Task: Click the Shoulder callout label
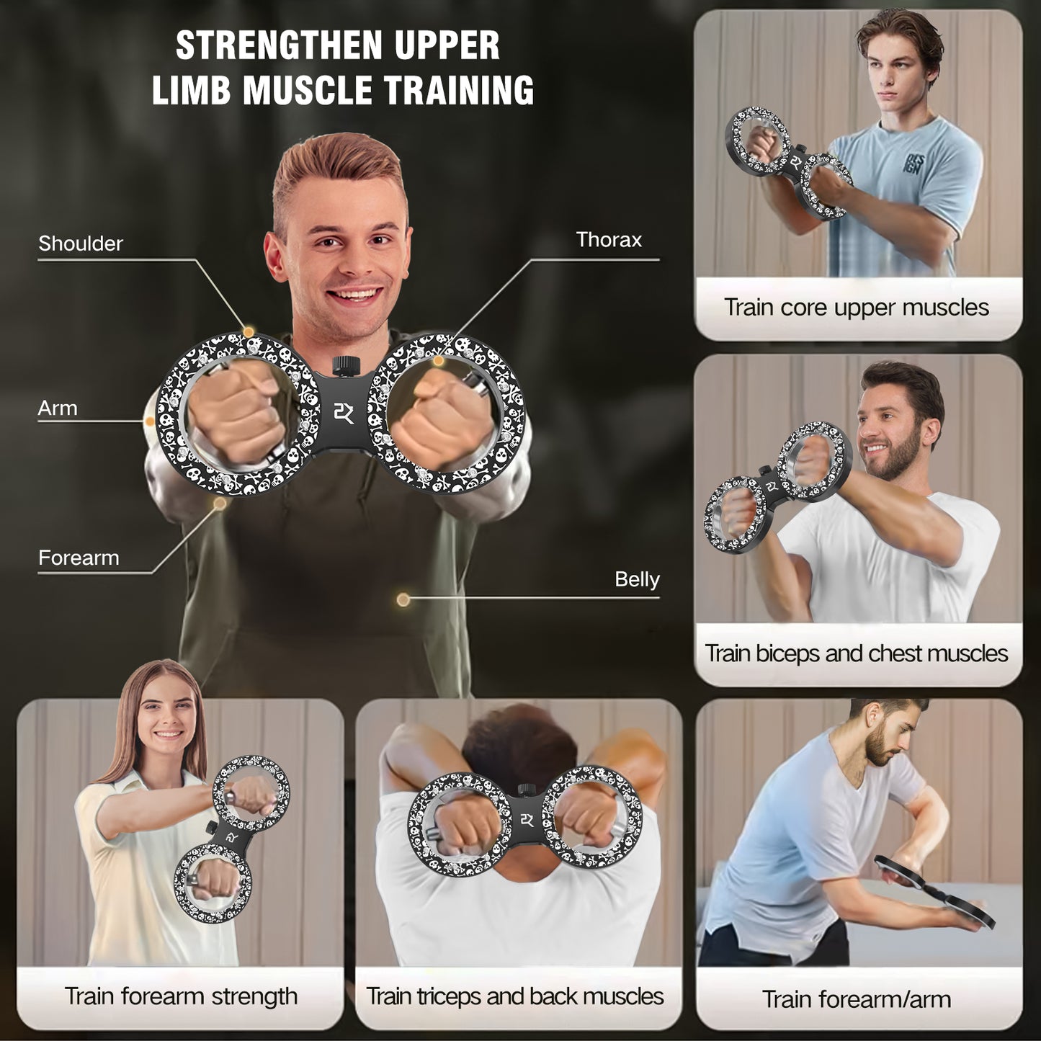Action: coord(81,244)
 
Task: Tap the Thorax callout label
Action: coord(609,239)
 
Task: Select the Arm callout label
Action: coord(57,408)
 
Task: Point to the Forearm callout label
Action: coord(79,558)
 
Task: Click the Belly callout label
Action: coord(637,580)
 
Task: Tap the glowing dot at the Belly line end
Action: coord(403,599)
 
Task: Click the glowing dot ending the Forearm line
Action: coord(219,503)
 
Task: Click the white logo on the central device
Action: coord(343,413)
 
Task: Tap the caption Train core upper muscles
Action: coord(857,308)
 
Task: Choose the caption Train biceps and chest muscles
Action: coord(857,653)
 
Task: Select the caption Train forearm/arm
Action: coord(857,999)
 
